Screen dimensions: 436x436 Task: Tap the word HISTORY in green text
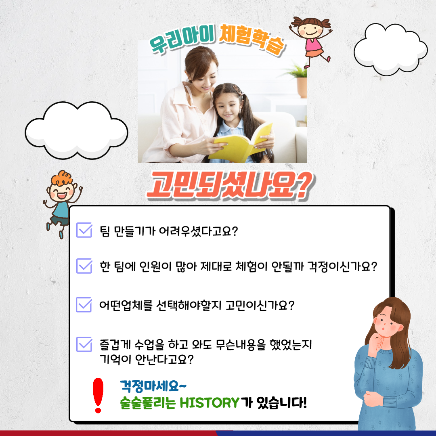tap(210, 402)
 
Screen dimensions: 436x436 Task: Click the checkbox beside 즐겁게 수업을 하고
tap(84, 344)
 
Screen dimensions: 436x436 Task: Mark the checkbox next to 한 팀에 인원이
tap(84, 266)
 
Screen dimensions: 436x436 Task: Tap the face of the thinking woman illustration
tap(388, 323)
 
